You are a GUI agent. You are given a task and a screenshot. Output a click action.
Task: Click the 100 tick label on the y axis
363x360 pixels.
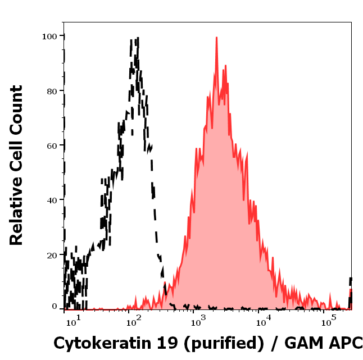pos(49,36)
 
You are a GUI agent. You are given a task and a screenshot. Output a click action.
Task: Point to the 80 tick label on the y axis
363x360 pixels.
pos(52,91)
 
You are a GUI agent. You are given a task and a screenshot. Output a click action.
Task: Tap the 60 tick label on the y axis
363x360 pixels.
pos(52,145)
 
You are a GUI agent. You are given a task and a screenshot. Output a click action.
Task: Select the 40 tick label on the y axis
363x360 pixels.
pos(52,200)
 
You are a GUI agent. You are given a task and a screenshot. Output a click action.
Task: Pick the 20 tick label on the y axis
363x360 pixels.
pos(52,255)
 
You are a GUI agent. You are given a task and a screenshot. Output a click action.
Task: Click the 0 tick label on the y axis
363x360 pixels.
pos(55,307)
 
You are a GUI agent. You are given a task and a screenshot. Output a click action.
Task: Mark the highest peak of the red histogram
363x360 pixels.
pos(216,38)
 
